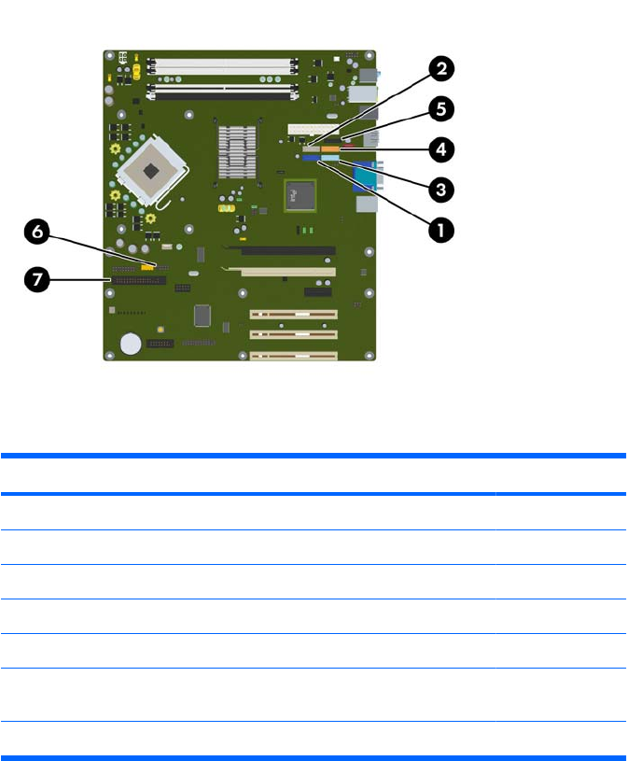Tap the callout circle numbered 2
[x=441, y=68]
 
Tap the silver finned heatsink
[x=237, y=151]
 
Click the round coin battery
[x=130, y=345]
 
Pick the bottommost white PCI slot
[x=292, y=355]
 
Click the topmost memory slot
[x=220, y=66]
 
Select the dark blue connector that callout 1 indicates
[x=311, y=159]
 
